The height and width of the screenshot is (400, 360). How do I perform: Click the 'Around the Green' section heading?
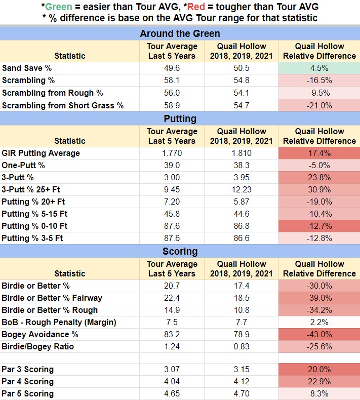tap(180, 34)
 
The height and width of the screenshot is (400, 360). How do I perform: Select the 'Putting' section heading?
tap(180, 118)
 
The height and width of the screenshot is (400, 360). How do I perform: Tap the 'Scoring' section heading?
tap(180, 252)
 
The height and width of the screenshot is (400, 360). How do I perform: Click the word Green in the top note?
tap(59, 7)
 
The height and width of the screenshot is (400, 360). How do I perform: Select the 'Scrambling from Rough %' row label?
tap(53, 93)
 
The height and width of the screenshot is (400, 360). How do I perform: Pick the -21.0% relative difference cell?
tap(319, 105)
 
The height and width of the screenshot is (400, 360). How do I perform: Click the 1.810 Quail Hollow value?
tap(242, 153)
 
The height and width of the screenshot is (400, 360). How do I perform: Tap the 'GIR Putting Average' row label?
tap(41, 153)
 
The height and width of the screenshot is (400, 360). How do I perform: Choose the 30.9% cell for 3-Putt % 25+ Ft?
tap(319, 189)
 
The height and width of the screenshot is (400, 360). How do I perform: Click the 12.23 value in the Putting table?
tap(242, 189)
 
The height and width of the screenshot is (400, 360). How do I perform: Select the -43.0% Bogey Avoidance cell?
tap(319, 334)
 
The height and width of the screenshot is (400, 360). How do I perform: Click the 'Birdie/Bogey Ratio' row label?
tap(38, 346)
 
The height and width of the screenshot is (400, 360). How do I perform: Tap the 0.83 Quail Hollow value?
tap(242, 346)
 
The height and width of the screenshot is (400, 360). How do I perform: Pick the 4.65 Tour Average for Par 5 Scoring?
tap(172, 393)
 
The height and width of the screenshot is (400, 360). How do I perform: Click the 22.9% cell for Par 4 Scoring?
tap(319, 381)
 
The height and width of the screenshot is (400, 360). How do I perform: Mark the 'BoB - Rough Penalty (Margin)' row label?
tap(59, 322)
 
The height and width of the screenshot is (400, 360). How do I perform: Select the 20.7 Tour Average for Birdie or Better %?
tap(172, 286)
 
